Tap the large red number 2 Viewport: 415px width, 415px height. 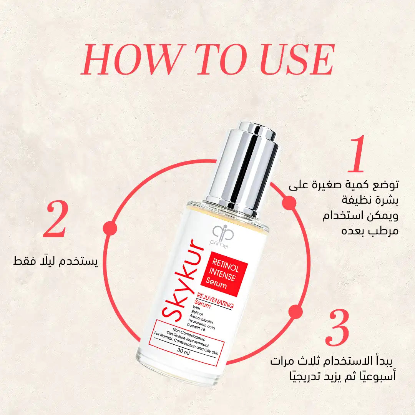click(x=56, y=219)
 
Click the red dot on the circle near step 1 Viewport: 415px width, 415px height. click(x=289, y=203)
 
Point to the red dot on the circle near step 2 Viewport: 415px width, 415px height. click(x=110, y=228)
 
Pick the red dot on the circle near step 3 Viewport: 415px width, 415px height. click(x=295, y=311)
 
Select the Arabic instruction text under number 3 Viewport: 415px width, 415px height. click(x=336, y=368)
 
